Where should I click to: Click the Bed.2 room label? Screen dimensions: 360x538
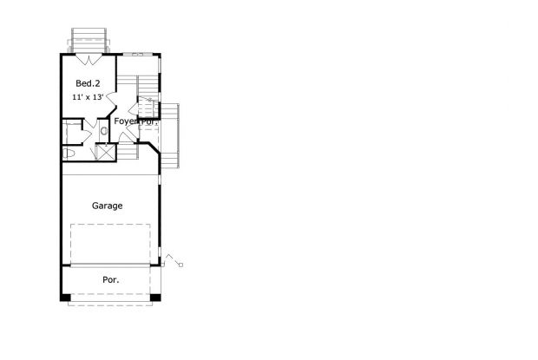point(88,83)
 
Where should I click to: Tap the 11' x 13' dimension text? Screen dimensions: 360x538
point(88,97)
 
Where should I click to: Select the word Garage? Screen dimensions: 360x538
point(108,206)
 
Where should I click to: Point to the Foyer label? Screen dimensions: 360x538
point(127,121)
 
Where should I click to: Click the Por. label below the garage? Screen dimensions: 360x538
point(111,280)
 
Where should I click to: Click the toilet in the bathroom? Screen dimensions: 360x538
point(70,154)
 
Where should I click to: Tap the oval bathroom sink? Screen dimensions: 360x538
point(103,131)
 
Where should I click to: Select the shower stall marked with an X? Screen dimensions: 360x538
point(106,152)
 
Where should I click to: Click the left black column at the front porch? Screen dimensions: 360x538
point(64,298)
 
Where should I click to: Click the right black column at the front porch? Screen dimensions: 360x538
point(155,298)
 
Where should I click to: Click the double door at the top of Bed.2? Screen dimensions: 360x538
point(89,61)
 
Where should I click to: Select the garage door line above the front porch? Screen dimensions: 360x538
point(111,266)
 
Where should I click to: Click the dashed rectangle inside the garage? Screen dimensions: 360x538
point(111,244)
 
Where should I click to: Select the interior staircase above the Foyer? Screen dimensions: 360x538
point(148,87)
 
